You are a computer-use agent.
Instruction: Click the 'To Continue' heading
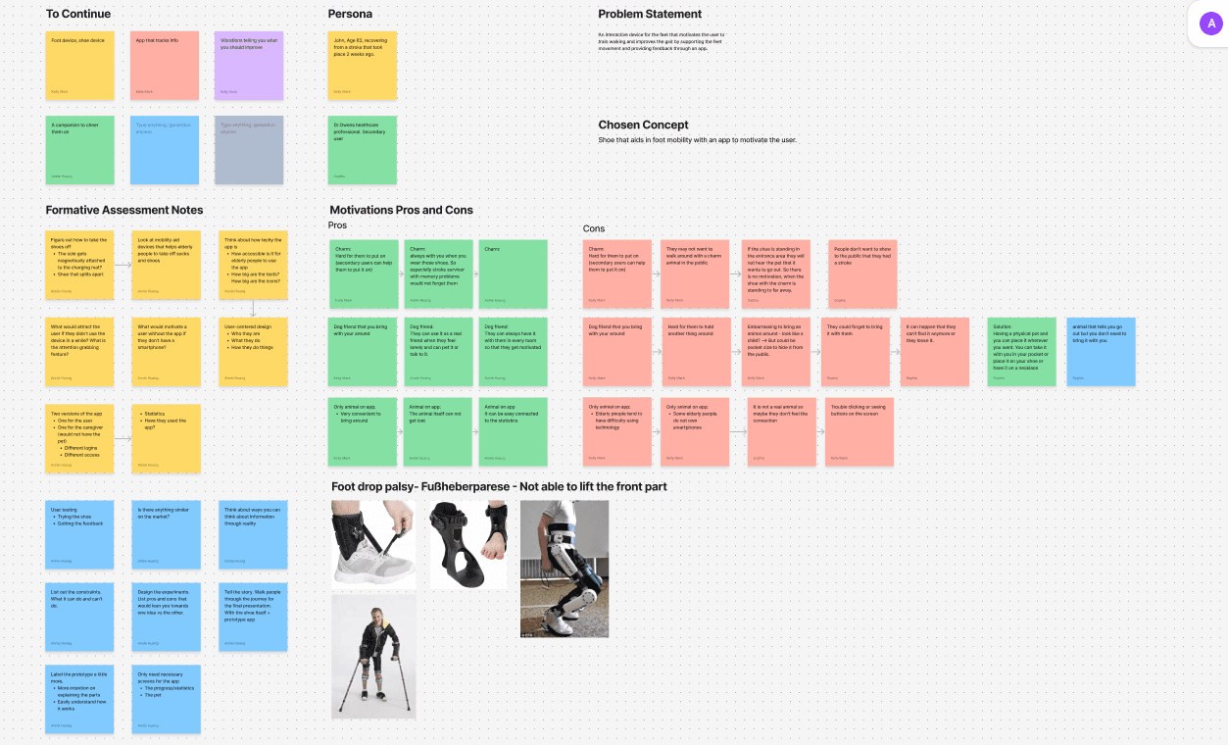tap(78, 14)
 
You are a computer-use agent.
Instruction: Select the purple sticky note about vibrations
tap(249, 66)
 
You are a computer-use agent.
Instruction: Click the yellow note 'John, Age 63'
tap(363, 66)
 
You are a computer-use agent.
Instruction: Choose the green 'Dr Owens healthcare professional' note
tap(363, 150)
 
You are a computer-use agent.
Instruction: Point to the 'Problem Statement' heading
tap(650, 14)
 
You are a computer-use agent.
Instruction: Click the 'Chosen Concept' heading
tap(643, 124)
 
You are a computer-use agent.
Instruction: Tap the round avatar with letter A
tap(1211, 25)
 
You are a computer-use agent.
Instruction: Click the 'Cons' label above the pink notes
tap(594, 229)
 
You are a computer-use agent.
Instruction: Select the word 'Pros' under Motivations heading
tap(337, 225)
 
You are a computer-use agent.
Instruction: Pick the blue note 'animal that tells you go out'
tap(1101, 351)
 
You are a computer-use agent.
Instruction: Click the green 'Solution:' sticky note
tap(1021, 351)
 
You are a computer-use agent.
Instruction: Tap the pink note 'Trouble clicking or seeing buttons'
tap(860, 431)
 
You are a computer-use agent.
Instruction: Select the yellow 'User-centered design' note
tap(253, 351)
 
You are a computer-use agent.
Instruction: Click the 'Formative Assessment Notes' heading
tap(124, 210)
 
